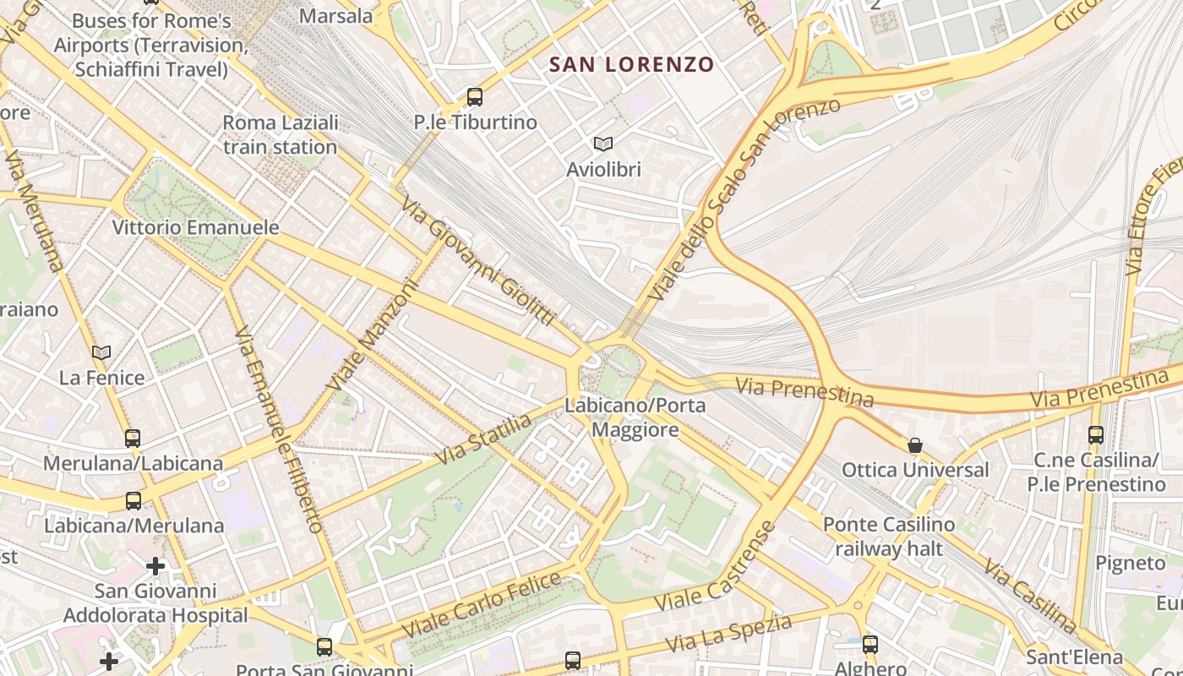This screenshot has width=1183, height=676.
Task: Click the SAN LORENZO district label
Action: click(631, 64)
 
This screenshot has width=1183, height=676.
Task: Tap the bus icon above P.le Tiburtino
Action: click(475, 97)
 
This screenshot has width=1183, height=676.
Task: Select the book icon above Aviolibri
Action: click(602, 144)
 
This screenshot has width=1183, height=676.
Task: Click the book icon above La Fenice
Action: click(101, 352)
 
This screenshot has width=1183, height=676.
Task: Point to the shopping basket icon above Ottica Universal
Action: click(914, 444)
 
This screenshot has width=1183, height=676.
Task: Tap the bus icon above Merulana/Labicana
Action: click(133, 438)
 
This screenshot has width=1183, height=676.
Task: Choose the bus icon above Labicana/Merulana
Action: click(134, 500)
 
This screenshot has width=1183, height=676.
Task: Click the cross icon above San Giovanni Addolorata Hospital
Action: click(155, 565)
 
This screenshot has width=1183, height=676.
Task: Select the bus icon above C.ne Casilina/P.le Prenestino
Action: click(1096, 435)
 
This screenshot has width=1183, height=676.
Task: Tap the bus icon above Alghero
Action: click(870, 644)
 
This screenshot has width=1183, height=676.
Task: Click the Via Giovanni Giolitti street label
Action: click(478, 262)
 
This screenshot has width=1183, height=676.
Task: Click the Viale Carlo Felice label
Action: click(482, 605)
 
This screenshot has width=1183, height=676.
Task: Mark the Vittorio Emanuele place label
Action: click(196, 227)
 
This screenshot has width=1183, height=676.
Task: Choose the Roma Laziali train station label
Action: click(280, 134)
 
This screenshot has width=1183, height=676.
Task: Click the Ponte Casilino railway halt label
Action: click(889, 537)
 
